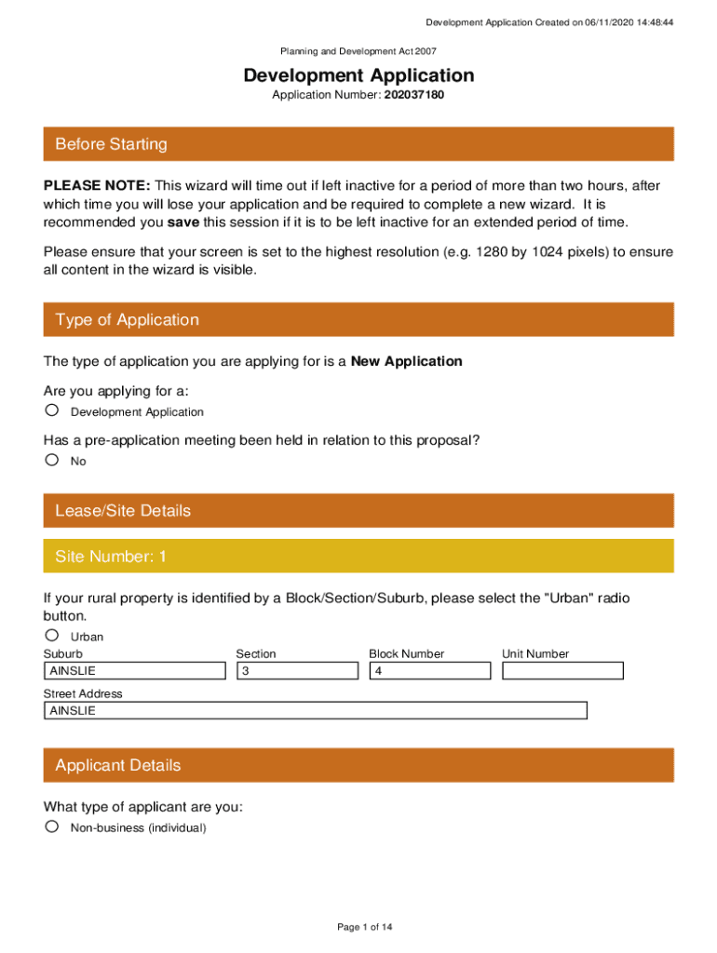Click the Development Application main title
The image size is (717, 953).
tap(358, 75)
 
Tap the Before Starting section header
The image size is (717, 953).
tap(358, 144)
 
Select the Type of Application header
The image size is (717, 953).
tap(358, 320)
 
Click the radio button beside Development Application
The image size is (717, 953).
tap(52, 410)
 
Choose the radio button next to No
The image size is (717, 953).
tap(52, 460)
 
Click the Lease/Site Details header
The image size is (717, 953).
tap(358, 511)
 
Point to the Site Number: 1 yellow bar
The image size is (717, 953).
tap(358, 557)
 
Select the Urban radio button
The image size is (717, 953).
tap(52, 636)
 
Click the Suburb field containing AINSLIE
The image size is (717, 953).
tap(135, 671)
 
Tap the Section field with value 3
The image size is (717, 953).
tap(297, 671)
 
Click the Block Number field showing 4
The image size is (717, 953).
tap(430, 671)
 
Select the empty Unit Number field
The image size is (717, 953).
tap(562, 671)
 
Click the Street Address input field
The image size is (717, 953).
tap(316, 711)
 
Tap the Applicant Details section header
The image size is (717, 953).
tap(358, 766)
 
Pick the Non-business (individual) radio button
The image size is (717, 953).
tap(52, 826)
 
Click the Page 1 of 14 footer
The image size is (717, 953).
tap(358, 927)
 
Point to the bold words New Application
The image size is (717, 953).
tap(406, 361)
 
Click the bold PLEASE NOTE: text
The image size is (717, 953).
tap(98, 185)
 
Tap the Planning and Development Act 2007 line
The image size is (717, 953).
tap(358, 52)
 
